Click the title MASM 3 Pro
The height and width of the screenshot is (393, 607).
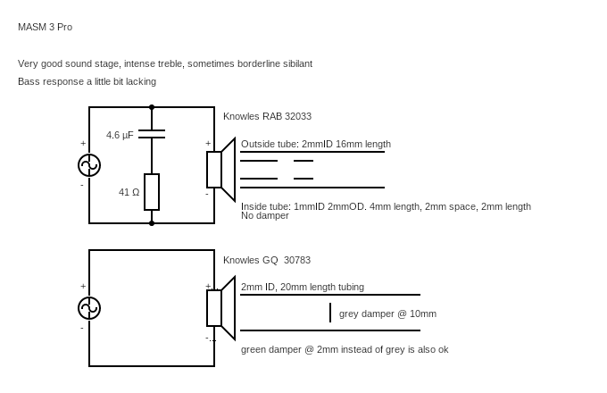45,27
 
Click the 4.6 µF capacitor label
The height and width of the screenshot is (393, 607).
120,135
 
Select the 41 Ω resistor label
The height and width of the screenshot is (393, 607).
129,192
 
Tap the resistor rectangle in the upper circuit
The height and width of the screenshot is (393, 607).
152,192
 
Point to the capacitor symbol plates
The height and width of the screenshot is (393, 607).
152,134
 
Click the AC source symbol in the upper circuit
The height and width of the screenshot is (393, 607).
89,165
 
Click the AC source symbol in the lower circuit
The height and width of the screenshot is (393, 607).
89,308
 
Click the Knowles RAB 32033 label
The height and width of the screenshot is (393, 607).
267,116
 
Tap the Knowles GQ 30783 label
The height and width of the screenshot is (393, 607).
267,260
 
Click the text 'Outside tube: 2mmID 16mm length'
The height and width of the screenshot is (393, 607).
315,144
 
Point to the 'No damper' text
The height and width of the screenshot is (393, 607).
265,216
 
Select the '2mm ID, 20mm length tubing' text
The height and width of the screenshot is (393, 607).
303,287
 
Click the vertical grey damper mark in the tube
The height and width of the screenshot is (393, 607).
330,313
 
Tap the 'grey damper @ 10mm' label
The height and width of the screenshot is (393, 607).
387,314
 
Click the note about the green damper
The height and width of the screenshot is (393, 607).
345,349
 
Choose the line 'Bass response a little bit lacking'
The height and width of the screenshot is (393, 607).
87,81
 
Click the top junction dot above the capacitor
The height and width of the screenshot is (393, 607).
152,107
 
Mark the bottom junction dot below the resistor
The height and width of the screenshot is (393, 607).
152,223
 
